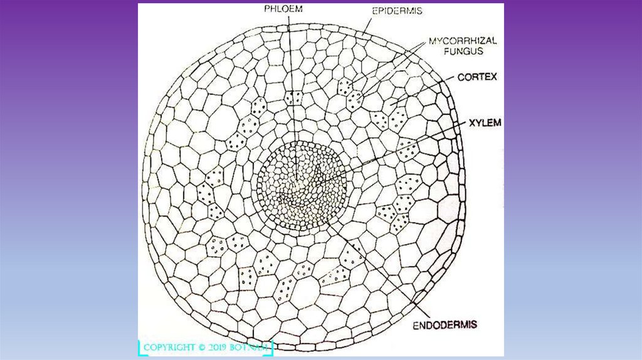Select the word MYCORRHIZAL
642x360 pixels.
click(x=463, y=41)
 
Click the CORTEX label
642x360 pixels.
click(x=477, y=77)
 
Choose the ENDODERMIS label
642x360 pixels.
click(x=445, y=325)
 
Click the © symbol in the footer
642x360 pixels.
click(x=203, y=347)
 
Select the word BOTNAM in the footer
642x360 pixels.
click(x=256, y=347)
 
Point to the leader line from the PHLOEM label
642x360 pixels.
click(x=290, y=75)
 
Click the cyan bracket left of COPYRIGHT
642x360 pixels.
click(x=140, y=348)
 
